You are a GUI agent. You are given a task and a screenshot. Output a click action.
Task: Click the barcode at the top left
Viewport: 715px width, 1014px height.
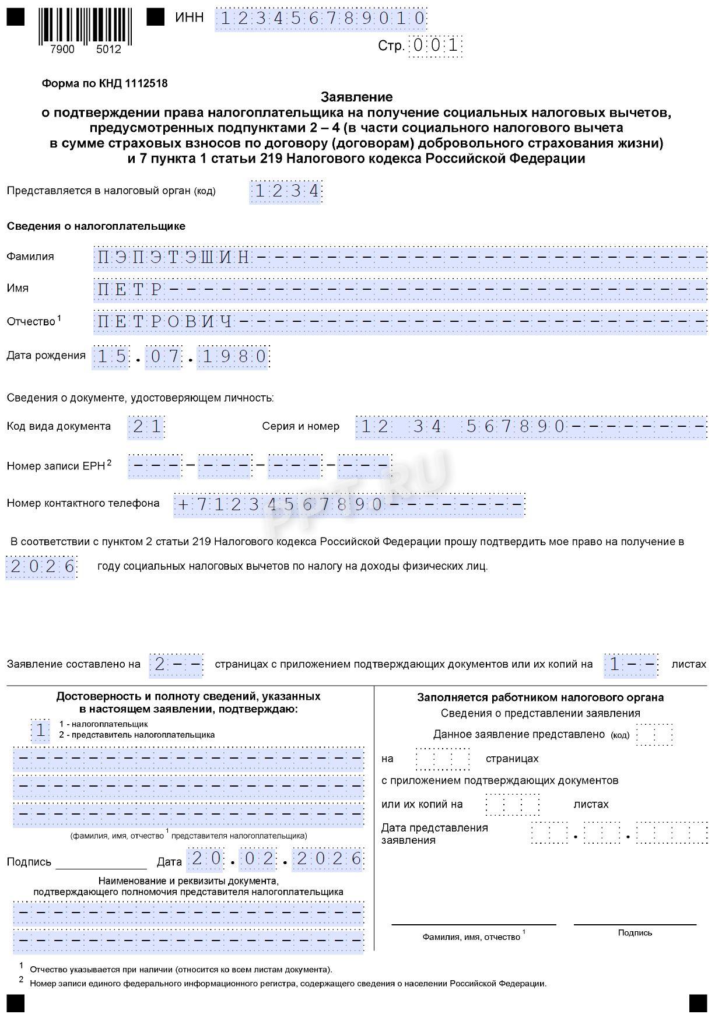click(85, 26)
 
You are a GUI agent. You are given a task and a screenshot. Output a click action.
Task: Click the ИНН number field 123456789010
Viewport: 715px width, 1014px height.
click(321, 19)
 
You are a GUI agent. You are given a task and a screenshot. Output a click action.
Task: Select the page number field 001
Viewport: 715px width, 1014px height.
click(436, 45)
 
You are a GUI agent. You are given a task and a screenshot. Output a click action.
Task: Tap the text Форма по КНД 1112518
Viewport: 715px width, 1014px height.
click(104, 83)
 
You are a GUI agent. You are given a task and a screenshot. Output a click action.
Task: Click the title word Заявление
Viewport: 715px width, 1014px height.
click(356, 97)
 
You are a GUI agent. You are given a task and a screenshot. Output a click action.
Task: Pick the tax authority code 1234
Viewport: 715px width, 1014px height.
click(286, 191)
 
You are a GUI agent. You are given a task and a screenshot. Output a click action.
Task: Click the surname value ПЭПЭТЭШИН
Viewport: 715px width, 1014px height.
click(174, 257)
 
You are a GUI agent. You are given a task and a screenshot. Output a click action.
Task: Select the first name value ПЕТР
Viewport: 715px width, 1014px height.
click(130, 289)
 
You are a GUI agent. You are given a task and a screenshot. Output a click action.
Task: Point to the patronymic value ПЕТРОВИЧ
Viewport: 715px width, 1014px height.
click(165, 321)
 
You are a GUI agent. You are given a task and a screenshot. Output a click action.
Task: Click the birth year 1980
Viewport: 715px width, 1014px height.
click(233, 357)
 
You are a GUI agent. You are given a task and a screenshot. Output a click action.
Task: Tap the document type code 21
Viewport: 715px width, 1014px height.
click(146, 427)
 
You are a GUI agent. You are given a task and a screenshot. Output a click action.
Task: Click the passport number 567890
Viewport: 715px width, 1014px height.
click(516, 427)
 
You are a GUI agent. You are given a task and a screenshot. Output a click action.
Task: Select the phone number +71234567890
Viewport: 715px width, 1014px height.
click(280, 504)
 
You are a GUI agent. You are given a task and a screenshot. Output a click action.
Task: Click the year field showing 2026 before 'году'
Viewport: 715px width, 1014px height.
click(42, 567)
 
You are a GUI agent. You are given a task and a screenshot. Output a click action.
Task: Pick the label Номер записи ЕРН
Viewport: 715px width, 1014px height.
click(55, 466)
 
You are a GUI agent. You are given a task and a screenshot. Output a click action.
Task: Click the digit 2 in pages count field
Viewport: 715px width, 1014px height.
click(159, 665)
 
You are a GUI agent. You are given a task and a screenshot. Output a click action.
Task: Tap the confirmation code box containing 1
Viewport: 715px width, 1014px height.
click(40, 730)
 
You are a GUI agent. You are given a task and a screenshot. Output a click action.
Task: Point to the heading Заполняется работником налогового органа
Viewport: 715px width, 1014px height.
click(540, 697)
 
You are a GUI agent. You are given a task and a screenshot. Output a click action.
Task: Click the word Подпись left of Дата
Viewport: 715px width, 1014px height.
click(29, 862)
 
